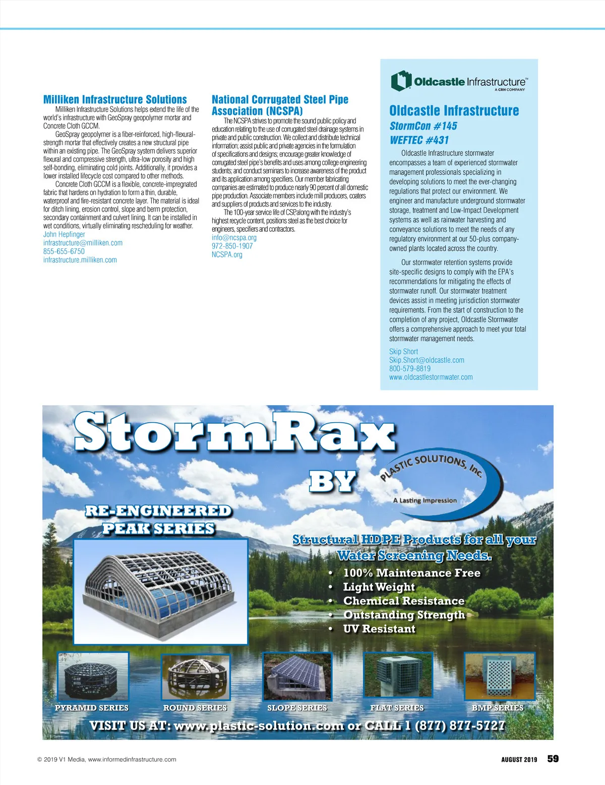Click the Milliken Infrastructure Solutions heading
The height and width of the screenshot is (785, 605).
coord(115,100)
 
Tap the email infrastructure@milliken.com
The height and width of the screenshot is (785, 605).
coord(83,243)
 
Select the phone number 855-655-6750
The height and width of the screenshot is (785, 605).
coord(64,251)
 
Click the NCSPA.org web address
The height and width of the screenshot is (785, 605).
coord(227,254)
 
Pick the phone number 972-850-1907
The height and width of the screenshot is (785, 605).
coord(232,246)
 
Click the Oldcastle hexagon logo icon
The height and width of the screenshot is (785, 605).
coord(401,81)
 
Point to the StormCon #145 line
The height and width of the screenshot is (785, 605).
coord(423,126)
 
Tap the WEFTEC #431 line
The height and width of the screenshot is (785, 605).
coord(419,140)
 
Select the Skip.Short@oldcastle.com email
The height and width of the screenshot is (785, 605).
coord(427,360)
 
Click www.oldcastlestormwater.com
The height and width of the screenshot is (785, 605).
coord(431,377)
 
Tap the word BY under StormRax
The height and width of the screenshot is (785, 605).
coord(333,482)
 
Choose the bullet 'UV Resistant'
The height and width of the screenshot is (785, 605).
coord(379,629)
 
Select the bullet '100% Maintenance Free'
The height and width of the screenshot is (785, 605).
coord(411,573)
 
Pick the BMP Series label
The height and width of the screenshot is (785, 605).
coord(497,708)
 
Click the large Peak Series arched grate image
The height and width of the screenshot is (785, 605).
coord(161,591)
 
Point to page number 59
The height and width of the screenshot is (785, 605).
coord(553,759)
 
